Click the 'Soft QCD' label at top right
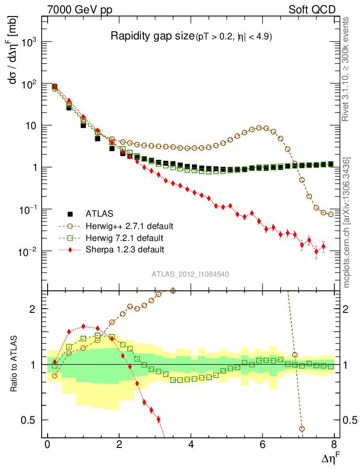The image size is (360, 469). (x=312, y=10)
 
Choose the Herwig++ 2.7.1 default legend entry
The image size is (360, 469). (x=129, y=226)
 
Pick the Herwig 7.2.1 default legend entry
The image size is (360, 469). (x=125, y=238)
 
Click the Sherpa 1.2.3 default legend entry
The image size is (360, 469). (x=125, y=250)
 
